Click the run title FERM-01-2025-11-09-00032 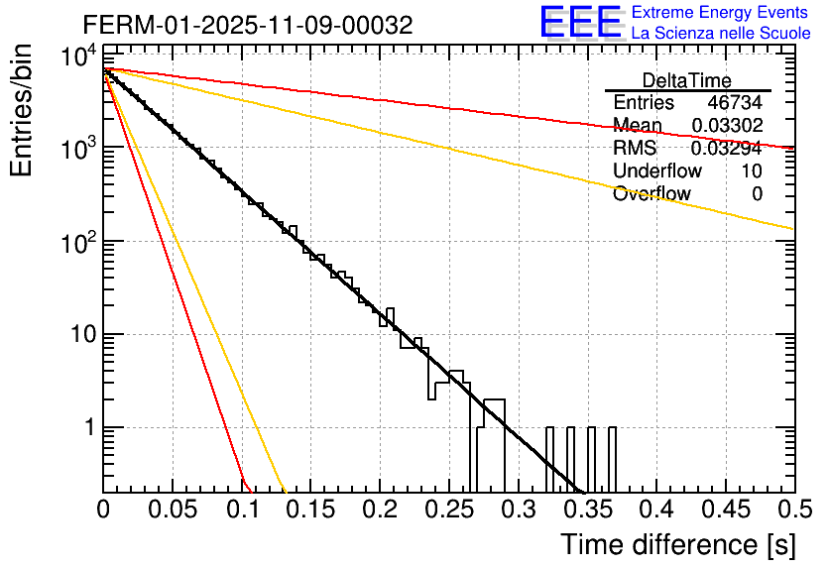pos(248,24)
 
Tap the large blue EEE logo pos(581,23)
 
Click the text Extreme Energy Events pos(719,13)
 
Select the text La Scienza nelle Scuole pos(721,34)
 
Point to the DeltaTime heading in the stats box pos(687,80)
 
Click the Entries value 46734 pos(735,103)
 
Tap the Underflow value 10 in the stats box pos(752,171)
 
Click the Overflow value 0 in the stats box pos(757,194)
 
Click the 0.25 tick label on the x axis pos(448,510)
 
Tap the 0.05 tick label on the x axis pos(173,510)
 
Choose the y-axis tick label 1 pos(86,428)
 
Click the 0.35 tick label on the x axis pos(586,510)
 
